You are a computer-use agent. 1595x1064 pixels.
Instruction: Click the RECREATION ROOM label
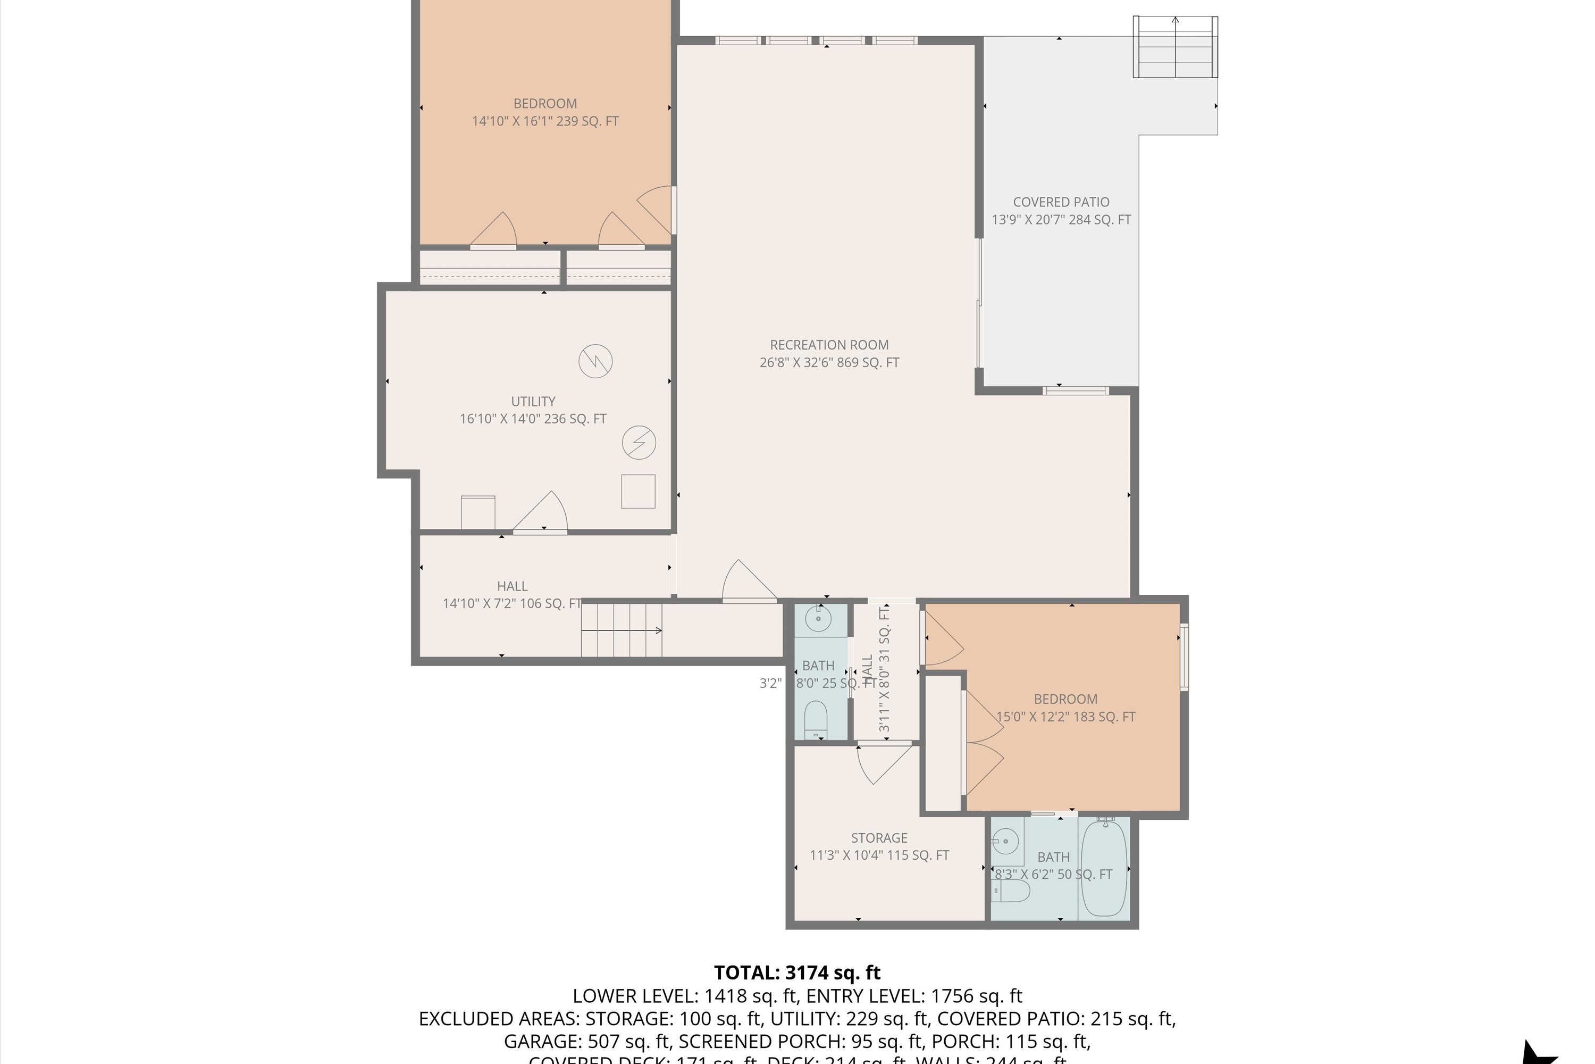click(x=829, y=345)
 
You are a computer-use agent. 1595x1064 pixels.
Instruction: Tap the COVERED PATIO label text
click(x=1061, y=202)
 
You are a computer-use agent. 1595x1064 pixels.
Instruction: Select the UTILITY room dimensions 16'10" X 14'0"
click(x=533, y=419)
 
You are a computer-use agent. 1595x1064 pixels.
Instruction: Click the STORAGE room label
click(x=879, y=838)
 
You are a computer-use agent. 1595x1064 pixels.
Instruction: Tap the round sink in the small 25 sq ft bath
click(x=818, y=619)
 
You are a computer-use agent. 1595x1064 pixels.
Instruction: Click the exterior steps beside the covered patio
click(x=1175, y=47)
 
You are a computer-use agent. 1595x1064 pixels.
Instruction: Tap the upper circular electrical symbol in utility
click(x=595, y=361)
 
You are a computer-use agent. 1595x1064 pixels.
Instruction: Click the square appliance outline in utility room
click(x=638, y=491)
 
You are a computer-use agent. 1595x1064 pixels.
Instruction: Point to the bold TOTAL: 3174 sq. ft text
click(x=797, y=973)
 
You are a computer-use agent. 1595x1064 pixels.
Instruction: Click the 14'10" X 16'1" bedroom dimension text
click(x=545, y=121)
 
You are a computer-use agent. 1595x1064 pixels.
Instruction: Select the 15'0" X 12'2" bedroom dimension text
click(x=1065, y=717)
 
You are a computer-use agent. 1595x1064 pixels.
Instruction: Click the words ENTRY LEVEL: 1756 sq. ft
click(x=913, y=996)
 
